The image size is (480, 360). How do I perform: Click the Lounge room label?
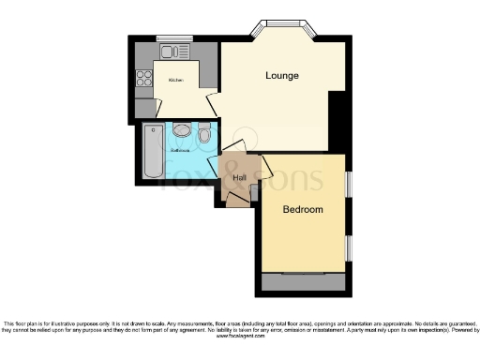point(281,75)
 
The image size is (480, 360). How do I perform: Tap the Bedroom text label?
point(303,209)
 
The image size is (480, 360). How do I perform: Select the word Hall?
point(239,176)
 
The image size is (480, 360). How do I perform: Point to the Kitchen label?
point(175,81)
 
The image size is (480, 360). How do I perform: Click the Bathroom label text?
point(180,149)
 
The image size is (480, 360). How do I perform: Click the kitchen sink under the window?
point(174,51)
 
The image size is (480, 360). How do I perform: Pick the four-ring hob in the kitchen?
point(145,79)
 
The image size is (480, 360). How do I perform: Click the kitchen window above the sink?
point(174,39)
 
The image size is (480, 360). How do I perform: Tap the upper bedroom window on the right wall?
point(348,185)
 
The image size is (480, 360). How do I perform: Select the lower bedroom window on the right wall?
point(348,247)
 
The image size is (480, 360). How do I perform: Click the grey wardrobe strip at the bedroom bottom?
point(304,281)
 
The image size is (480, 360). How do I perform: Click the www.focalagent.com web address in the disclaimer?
point(240,339)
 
